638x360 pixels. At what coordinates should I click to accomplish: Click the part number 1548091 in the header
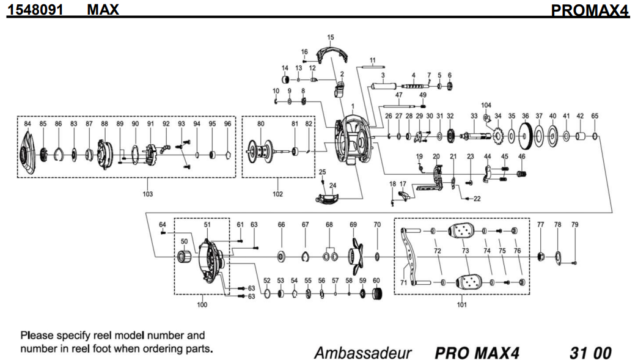[x=31, y=9]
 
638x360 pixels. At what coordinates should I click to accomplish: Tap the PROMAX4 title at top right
[x=589, y=10]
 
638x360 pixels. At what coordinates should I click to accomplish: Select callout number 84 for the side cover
[x=28, y=123]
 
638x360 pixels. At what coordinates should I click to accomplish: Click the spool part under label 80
[x=262, y=150]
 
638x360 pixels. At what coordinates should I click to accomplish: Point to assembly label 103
[x=147, y=194]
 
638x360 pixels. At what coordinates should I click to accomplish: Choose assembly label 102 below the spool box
[x=278, y=194]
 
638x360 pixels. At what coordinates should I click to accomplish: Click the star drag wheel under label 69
[x=354, y=259]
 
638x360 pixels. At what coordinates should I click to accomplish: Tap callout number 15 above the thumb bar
[x=331, y=38]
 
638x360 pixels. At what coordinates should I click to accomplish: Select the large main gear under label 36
[x=525, y=136]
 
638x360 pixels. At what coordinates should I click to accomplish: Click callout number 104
[x=486, y=105]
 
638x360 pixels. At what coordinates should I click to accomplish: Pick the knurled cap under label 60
[x=376, y=296]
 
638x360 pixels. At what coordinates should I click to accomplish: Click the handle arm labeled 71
[x=408, y=257]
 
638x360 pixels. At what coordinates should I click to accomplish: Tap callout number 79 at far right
[x=574, y=225]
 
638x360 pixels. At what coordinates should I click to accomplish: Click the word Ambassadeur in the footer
[x=362, y=353]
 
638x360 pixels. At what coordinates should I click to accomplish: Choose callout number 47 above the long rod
[x=398, y=95]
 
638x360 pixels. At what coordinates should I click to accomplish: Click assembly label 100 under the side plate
[x=202, y=304]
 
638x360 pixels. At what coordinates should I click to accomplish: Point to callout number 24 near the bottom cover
[x=332, y=185]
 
